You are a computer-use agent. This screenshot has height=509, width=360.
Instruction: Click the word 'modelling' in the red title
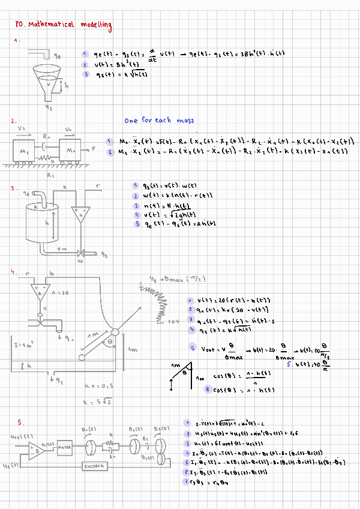[x=94, y=25]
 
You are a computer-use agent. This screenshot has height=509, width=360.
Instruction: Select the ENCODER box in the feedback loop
[x=94, y=466]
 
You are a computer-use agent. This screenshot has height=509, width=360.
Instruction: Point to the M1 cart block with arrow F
[x=71, y=147]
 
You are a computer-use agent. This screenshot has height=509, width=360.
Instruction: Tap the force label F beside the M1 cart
[x=94, y=146]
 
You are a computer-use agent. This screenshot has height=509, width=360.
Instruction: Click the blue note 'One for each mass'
[x=160, y=121]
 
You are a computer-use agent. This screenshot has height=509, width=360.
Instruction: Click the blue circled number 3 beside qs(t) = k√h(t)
[x=87, y=74]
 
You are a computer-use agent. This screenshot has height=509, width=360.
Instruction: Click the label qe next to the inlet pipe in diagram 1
[x=58, y=56]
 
